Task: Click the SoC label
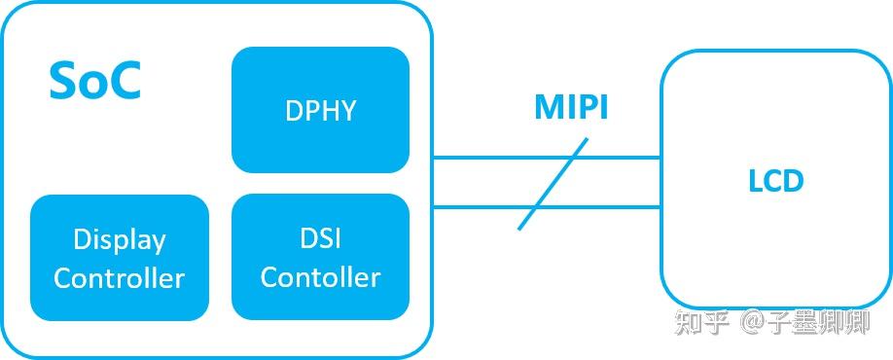click(x=94, y=82)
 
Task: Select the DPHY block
click(x=320, y=110)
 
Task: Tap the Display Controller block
click(x=120, y=258)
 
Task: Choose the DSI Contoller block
click(x=320, y=257)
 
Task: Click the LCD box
click(x=775, y=181)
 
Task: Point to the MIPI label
click(x=571, y=108)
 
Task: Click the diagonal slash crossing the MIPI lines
click(x=553, y=184)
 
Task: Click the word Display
click(x=120, y=240)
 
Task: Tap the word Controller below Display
click(x=120, y=278)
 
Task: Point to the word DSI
click(x=320, y=238)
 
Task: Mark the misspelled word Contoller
click(x=320, y=277)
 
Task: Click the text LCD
click(x=775, y=181)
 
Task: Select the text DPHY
click(x=320, y=110)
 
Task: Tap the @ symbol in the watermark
click(x=753, y=323)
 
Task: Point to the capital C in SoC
click(x=125, y=82)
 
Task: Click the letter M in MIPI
click(x=547, y=108)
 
